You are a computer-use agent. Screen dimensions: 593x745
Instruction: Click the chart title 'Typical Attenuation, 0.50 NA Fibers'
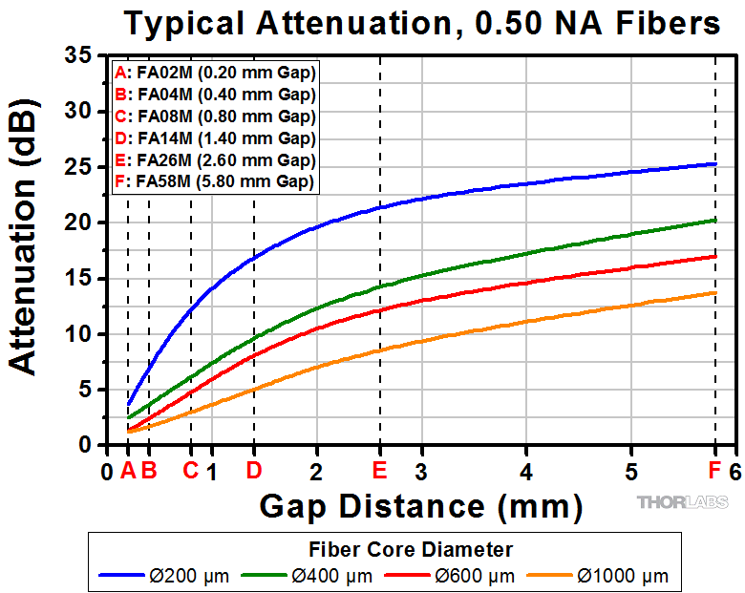(421, 23)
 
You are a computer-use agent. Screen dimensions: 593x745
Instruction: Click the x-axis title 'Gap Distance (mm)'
(420, 504)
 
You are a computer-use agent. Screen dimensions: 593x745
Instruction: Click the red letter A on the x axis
(128, 470)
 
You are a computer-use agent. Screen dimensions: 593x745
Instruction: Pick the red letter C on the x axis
(190, 470)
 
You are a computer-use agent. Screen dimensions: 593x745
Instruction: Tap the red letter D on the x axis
(254, 470)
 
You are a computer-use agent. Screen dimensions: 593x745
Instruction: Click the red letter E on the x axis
(380, 470)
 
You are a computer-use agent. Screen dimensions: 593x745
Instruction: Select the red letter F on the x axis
(714, 470)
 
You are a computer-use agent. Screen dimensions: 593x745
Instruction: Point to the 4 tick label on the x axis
(526, 471)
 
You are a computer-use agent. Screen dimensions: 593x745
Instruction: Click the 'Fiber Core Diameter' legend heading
(411, 550)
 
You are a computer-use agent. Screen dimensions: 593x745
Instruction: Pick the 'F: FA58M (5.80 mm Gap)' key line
(214, 180)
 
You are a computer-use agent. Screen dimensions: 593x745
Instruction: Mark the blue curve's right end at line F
(714, 164)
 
